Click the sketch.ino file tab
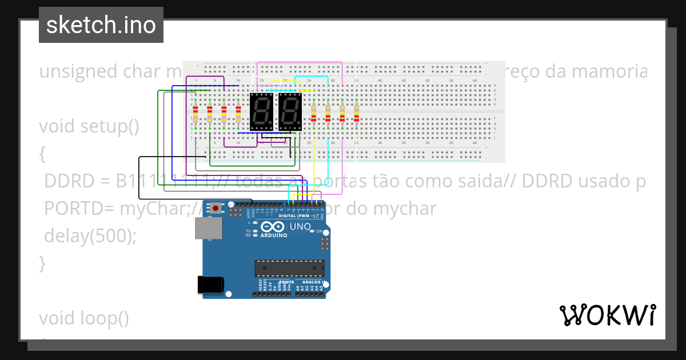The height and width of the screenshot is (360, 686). pyautogui.click(x=101, y=25)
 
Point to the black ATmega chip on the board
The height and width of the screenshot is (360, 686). pyautogui.click(x=289, y=268)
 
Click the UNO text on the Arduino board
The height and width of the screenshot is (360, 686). pyautogui.click(x=300, y=227)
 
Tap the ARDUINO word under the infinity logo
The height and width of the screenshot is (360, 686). pyautogui.click(x=275, y=234)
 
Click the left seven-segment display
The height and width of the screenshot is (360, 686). pyautogui.click(x=262, y=112)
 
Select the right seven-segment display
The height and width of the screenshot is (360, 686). pyautogui.click(x=290, y=112)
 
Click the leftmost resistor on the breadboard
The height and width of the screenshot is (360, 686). pyautogui.click(x=196, y=114)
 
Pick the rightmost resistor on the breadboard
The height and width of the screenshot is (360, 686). pyautogui.click(x=356, y=113)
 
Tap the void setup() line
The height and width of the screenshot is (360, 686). pyautogui.click(x=89, y=126)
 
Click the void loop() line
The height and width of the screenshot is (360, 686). pyautogui.click(x=84, y=318)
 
